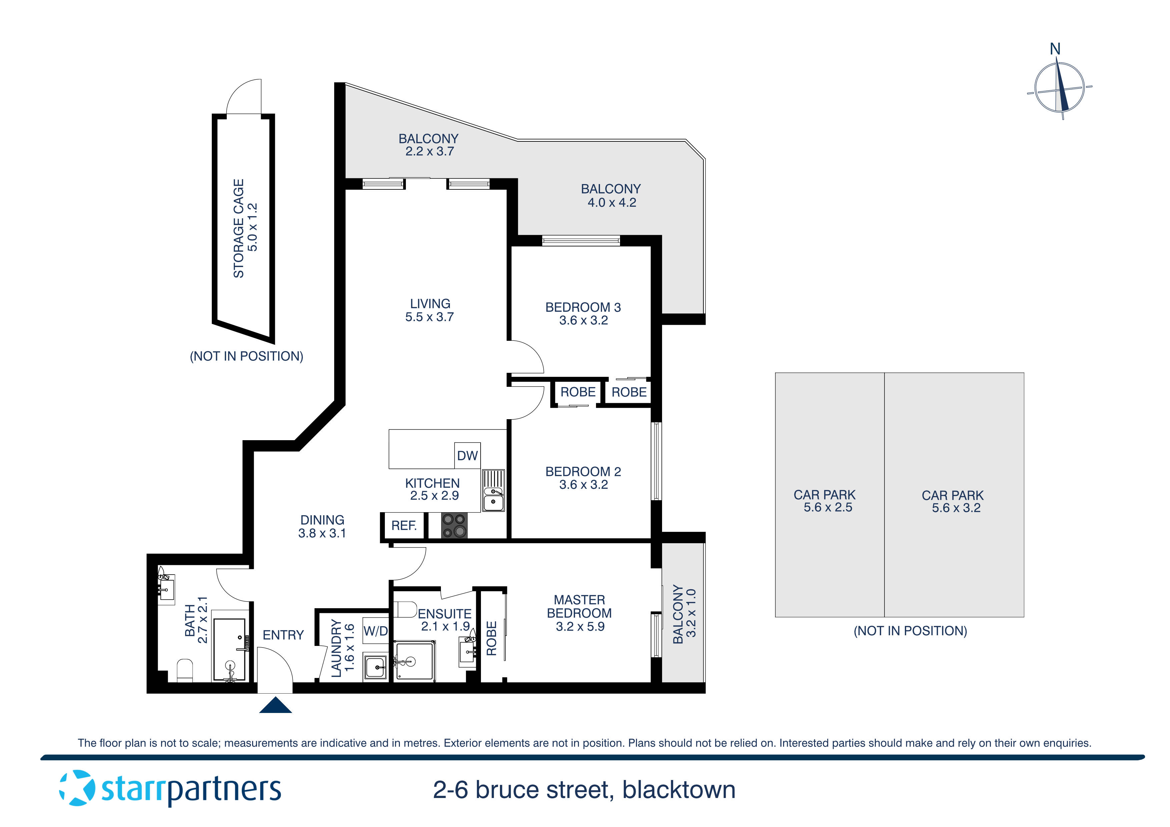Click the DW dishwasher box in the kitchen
tap(467, 455)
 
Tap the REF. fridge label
tap(404, 525)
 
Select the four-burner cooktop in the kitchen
tap(454, 525)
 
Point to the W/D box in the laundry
tap(375, 631)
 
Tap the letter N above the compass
tap(1055, 49)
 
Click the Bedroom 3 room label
tap(583, 313)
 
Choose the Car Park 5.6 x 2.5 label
tap(825, 501)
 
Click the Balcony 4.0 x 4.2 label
tap(611, 195)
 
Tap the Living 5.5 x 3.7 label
tap(430, 310)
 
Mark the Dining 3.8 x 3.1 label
tap(322, 526)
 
